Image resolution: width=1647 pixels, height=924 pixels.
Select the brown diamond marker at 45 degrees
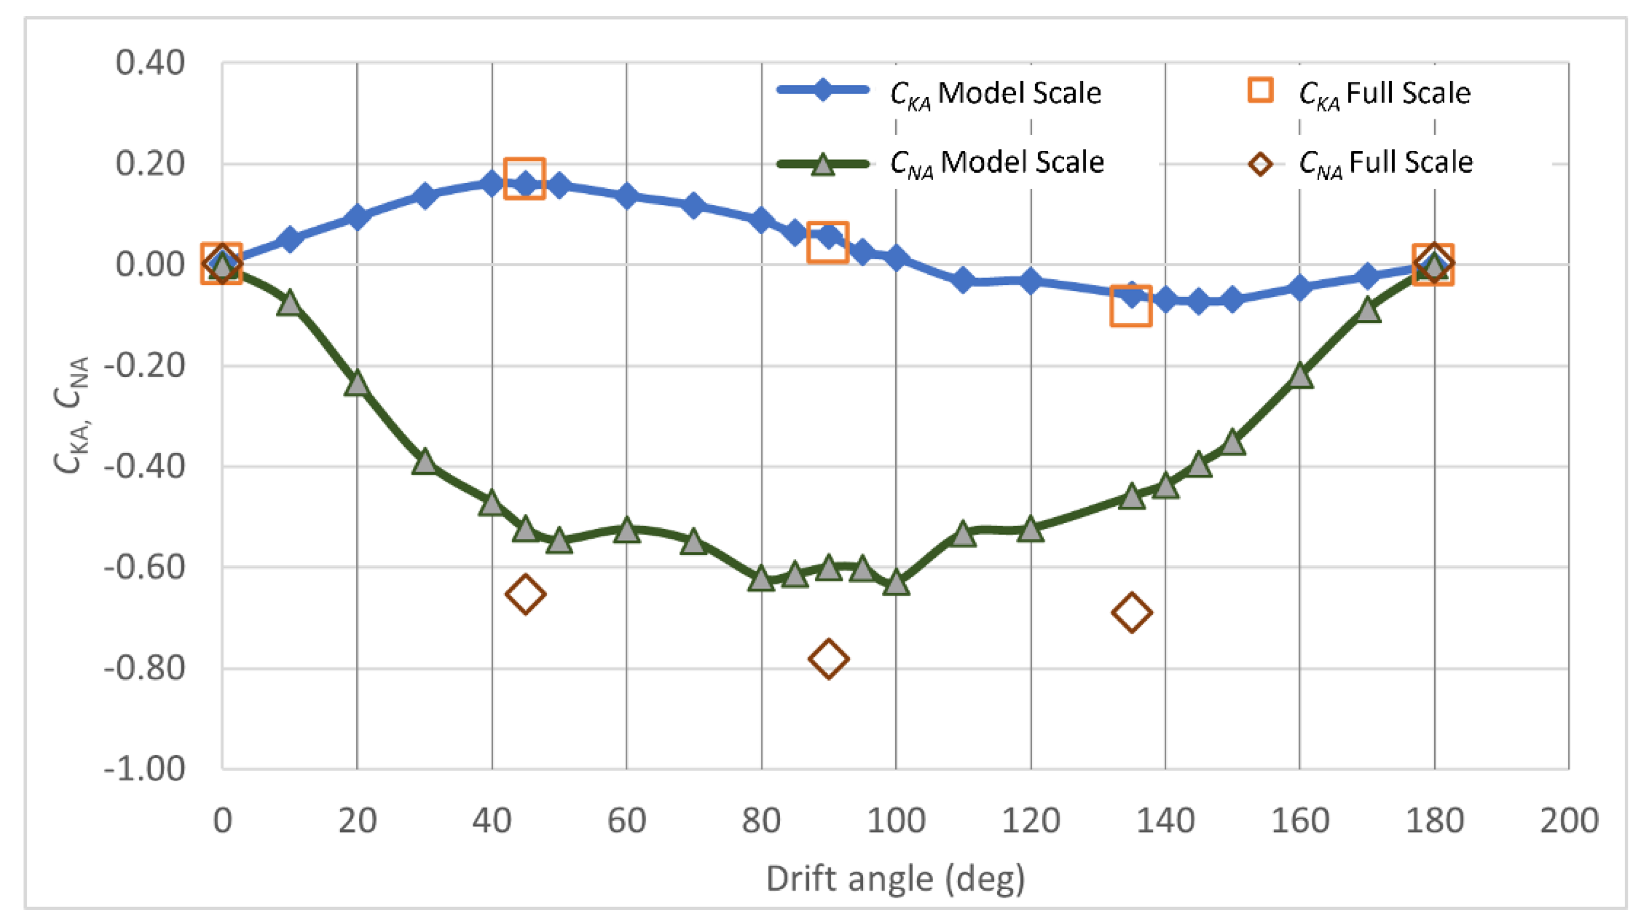click(525, 594)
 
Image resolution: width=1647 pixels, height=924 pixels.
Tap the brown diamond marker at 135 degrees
click(1132, 612)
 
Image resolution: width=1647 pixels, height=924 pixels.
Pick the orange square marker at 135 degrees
click(1131, 306)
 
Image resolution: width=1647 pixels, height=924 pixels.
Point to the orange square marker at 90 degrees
click(828, 242)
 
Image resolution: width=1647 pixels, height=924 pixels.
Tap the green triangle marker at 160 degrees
click(1300, 376)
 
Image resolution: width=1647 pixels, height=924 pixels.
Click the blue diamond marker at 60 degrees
click(627, 196)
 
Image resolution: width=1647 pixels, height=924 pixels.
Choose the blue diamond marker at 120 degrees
click(1030, 280)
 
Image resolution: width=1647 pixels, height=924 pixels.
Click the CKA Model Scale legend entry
click(940, 93)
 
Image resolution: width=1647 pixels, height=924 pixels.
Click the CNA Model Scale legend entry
click(940, 163)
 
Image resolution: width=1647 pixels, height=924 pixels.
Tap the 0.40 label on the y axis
click(150, 63)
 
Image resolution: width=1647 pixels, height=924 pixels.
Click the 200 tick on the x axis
click(1569, 820)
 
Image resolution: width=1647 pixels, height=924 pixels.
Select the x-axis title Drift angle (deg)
click(895, 879)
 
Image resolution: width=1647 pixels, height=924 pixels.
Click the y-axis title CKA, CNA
click(72, 415)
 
